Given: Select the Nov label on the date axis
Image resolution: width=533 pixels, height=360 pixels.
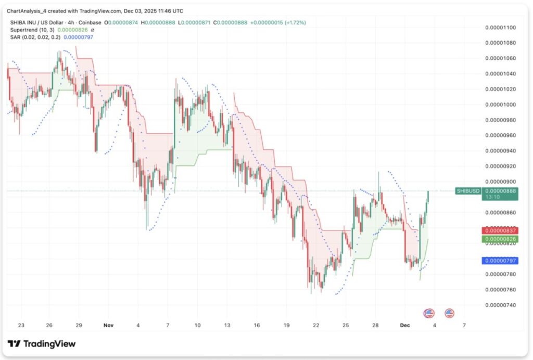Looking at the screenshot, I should point(108,325).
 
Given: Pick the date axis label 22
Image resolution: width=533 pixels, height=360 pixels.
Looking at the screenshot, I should point(316,325).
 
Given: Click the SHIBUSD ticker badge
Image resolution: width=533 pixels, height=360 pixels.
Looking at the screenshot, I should point(468,191).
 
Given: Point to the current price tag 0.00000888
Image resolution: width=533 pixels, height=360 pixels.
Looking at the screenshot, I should point(499,191).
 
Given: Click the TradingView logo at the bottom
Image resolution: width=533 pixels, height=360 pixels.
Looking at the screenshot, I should point(42,344).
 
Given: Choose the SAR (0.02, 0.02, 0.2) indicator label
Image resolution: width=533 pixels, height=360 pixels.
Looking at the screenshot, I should point(35,37).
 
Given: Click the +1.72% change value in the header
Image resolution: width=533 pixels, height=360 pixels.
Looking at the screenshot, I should point(295,22).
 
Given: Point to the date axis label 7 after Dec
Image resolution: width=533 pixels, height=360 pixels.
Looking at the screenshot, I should point(464,325).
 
